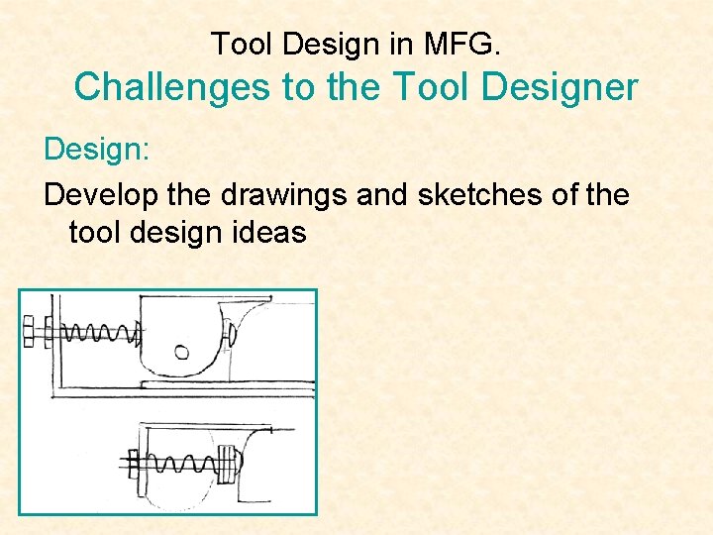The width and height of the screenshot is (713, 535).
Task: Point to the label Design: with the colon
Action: [x=96, y=151]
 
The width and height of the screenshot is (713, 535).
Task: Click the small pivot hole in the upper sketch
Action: [x=182, y=352]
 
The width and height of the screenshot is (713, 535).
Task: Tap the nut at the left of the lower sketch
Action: [x=135, y=462]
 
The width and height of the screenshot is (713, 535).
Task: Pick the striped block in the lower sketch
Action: [x=228, y=462]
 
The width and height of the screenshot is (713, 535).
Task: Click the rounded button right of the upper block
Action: [x=230, y=332]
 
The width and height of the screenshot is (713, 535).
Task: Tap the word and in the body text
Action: [x=382, y=194]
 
